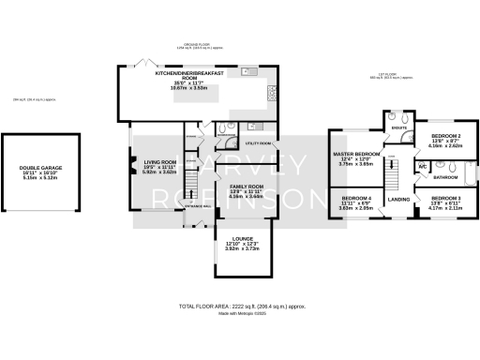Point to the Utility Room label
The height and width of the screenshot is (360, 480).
[x=259, y=143]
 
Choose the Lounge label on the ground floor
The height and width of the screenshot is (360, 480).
[x=243, y=238]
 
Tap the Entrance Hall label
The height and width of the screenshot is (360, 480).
[x=198, y=204]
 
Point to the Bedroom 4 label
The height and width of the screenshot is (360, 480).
[x=356, y=199]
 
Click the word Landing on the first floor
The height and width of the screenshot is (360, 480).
[x=398, y=200]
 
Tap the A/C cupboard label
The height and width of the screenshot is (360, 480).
[x=423, y=166]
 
